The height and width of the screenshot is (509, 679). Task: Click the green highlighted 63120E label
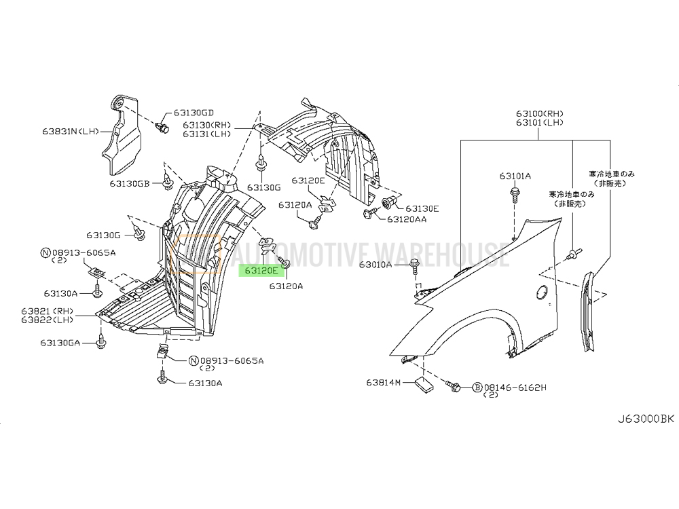coord(258,270)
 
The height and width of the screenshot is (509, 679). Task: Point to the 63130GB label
coord(130,183)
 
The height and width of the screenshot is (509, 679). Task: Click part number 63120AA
coord(407,219)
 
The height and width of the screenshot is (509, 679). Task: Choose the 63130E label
coord(422,208)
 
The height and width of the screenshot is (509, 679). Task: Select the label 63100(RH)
coord(539,113)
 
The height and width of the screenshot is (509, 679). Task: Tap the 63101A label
coord(515,176)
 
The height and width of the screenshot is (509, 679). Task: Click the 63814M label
coord(384,383)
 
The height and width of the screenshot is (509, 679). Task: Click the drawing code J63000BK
coord(646,419)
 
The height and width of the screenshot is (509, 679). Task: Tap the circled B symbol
coord(477,387)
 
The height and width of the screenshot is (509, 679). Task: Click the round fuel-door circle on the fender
coord(543,293)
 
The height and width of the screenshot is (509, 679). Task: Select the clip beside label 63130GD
coord(162,128)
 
